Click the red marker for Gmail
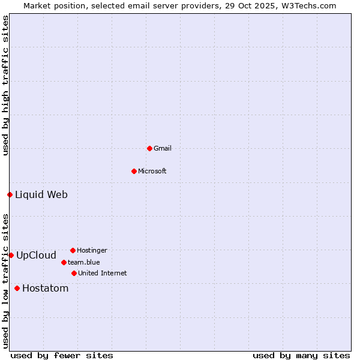pyautogui.click(x=149, y=148)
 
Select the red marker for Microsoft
pyautogui.click(x=134, y=171)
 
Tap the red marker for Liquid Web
pyautogui.click(x=10, y=194)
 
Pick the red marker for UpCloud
pyautogui.click(x=11, y=255)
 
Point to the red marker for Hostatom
pyautogui.click(x=17, y=288)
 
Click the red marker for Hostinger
pyautogui.click(x=73, y=250)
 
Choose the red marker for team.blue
pyautogui.click(x=64, y=262)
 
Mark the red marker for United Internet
pyautogui.click(x=74, y=273)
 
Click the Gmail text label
pyautogui.click(x=162, y=148)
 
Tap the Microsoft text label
pyautogui.click(x=152, y=171)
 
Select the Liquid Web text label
pyautogui.click(x=41, y=194)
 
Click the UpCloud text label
pyautogui.click(x=36, y=255)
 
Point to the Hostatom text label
pyautogui.click(x=45, y=288)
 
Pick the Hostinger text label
pyautogui.click(x=92, y=250)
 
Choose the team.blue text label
pyautogui.click(x=83, y=262)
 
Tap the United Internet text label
pyautogui.click(x=102, y=273)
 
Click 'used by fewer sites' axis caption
pyautogui.click(x=62, y=355)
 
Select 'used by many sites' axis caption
pyautogui.click(x=301, y=355)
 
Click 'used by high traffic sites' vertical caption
pyautogui.click(x=5, y=85)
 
